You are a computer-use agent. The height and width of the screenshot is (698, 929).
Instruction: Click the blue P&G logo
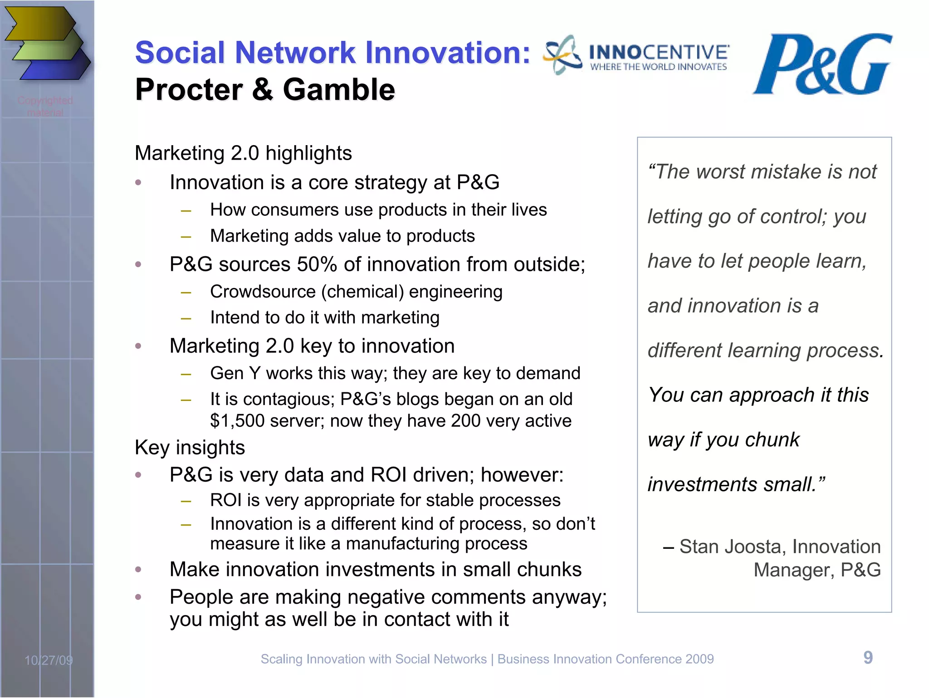(x=822, y=65)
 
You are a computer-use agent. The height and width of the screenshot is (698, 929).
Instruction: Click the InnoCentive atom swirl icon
(x=563, y=55)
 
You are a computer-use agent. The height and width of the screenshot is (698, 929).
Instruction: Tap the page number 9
(x=868, y=658)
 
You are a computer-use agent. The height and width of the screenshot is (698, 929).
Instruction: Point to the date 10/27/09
(x=49, y=660)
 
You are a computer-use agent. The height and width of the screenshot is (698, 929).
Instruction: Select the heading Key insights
(x=190, y=448)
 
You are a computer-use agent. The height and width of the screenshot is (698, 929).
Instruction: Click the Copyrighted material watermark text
(x=45, y=106)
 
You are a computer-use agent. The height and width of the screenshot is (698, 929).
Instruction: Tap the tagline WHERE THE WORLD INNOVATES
(x=658, y=67)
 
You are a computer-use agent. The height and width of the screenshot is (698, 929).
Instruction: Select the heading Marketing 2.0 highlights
(x=243, y=153)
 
